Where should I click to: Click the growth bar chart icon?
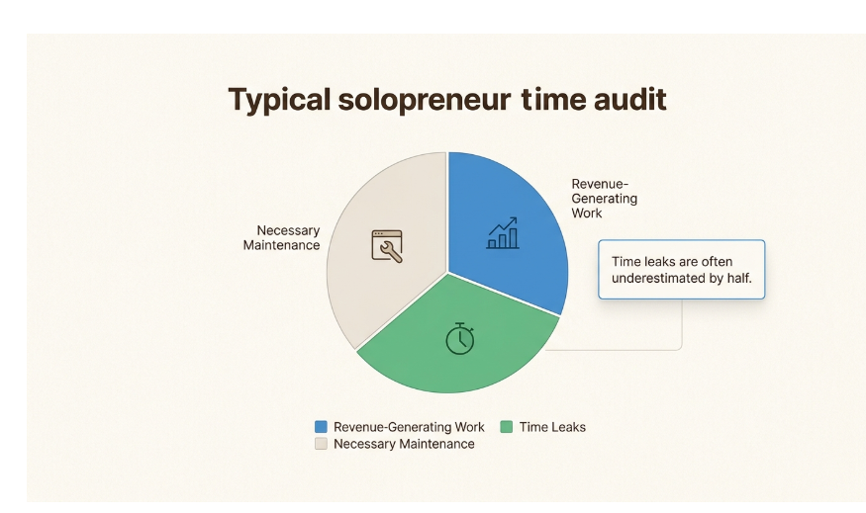click(503, 234)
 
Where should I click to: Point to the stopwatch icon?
click(459, 338)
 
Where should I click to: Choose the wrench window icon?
click(387, 245)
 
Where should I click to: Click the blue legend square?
click(321, 427)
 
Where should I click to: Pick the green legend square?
click(507, 427)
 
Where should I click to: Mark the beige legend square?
click(321, 444)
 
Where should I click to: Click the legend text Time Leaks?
click(552, 427)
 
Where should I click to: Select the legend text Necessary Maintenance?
click(404, 444)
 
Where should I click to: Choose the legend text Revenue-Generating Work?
click(409, 427)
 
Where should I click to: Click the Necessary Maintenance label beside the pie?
click(282, 237)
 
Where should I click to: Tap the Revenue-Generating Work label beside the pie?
click(604, 198)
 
